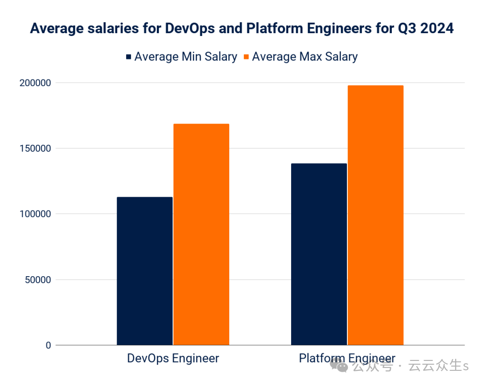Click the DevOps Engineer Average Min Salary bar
pos(145,271)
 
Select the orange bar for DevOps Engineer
pos(201,234)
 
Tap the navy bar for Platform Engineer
pos(319,254)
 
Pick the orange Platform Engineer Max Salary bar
pos(375,215)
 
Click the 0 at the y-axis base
pos(48,345)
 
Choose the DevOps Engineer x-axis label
pos(173,358)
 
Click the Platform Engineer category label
pos(347,358)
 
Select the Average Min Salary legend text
pos(185,57)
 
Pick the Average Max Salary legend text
pos(305,57)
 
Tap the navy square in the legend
pos(129,57)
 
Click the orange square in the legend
pos(246,57)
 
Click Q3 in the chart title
pos(402,28)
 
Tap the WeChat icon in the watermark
pos(339,365)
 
